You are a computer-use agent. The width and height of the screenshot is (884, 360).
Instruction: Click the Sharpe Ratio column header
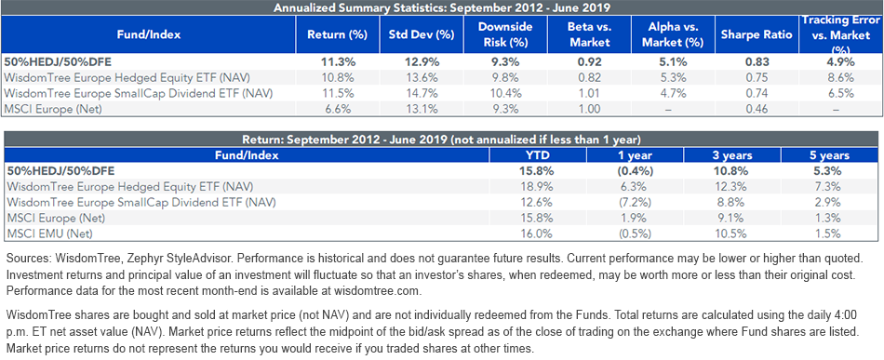pyautogui.click(x=757, y=34)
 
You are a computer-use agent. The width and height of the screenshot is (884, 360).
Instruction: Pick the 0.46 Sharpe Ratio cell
pyautogui.click(x=757, y=110)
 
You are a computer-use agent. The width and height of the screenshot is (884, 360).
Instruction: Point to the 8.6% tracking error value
pyautogui.click(x=842, y=78)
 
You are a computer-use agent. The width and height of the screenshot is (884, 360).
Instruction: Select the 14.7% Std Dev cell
pyautogui.click(x=422, y=94)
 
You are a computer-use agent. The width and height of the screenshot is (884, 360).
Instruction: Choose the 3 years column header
pyautogui.click(x=732, y=155)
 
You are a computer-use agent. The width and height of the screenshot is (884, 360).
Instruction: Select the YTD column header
pyautogui.click(x=538, y=155)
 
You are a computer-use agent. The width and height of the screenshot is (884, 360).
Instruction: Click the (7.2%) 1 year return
pyautogui.click(x=636, y=201)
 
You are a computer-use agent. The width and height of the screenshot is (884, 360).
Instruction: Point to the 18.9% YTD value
pyautogui.click(x=538, y=185)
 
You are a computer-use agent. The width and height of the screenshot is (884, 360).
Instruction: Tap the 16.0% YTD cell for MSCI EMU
pyautogui.click(x=538, y=233)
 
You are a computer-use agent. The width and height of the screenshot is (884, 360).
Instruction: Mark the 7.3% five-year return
pyautogui.click(x=829, y=185)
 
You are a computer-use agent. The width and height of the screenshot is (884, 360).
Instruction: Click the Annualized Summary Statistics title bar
pyautogui.click(x=442, y=7)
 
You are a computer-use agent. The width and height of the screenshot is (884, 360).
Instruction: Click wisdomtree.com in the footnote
pyautogui.click(x=376, y=291)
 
